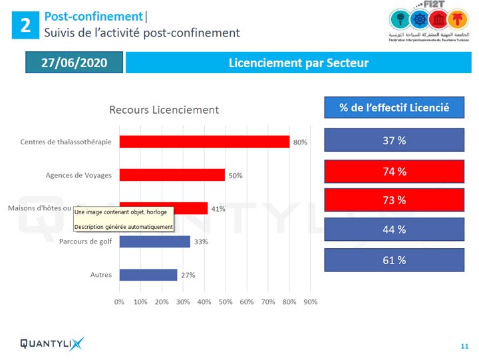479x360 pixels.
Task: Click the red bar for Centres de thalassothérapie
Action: coord(204,142)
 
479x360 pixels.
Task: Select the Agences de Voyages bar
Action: coord(172,175)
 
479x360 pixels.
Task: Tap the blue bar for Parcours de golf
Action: coord(154,242)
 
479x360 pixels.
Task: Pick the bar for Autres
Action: coord(148,275)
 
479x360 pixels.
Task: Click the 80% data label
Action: coord(300,142)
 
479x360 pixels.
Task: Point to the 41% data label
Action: coord(218,209)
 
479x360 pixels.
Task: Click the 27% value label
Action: coord(188,275)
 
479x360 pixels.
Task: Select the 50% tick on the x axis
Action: coord(226,302)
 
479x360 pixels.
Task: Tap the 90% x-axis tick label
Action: coord(311,302)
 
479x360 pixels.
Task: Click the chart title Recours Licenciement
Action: coord(164,110)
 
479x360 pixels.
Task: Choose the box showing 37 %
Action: coord(394,141)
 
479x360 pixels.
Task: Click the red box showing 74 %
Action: coord(394,172)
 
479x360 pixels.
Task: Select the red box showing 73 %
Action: coord(394,200)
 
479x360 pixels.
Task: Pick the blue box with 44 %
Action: coord(394,230)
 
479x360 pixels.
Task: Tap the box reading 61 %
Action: coord(394,260)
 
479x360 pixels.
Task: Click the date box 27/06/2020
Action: coord(75,63)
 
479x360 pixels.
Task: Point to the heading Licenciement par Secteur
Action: coord(298,63)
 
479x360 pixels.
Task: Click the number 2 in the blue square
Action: coord(25,25)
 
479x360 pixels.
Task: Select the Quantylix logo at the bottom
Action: coord(52,343)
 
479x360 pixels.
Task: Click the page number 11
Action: coord(464,346)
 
